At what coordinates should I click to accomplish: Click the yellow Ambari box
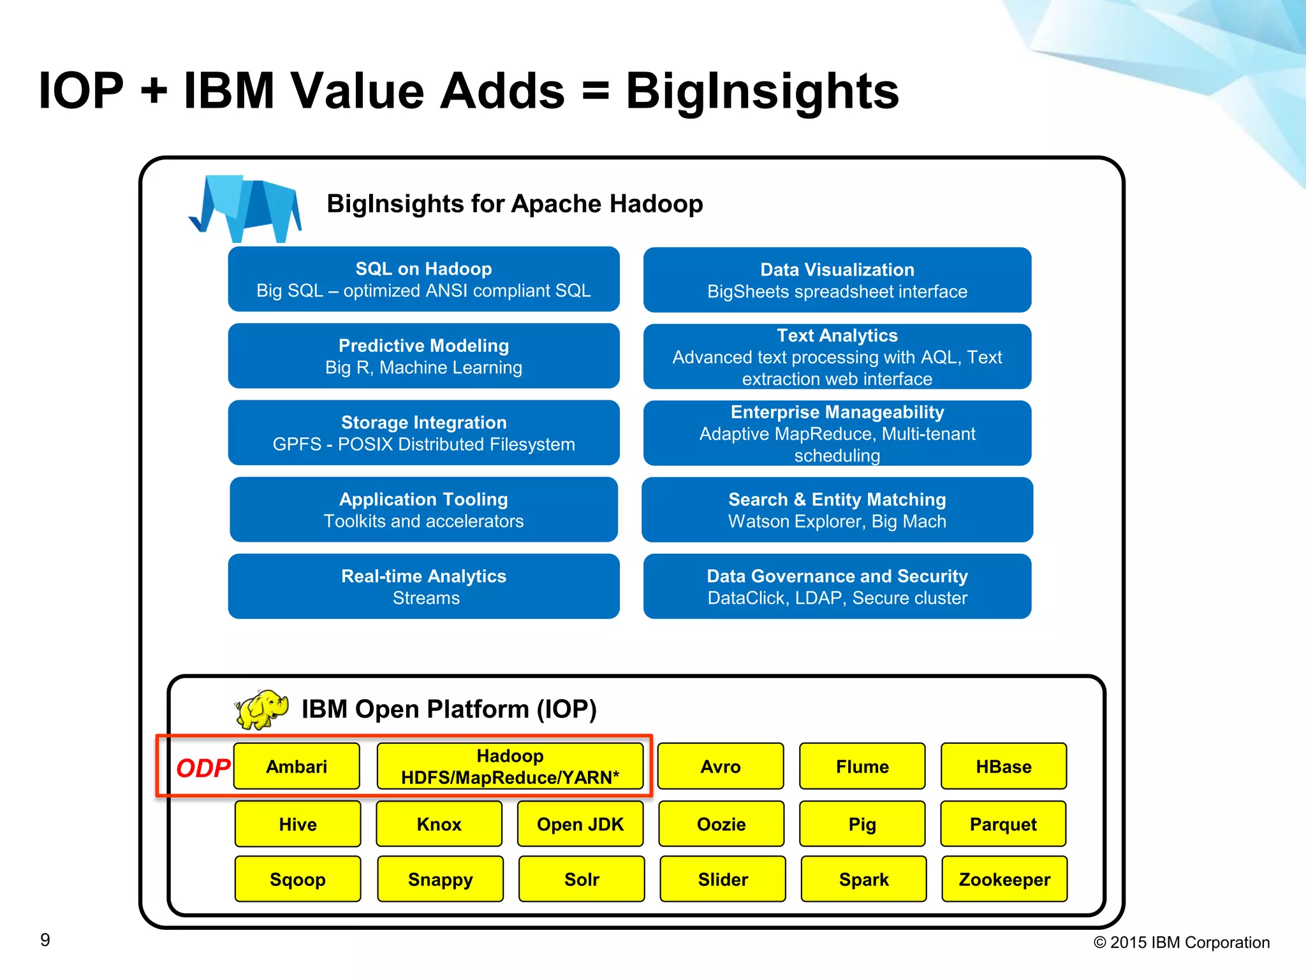297,766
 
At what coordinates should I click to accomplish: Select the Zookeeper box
1004,879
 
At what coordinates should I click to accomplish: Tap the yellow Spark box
863,879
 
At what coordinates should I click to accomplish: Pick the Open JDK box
580,824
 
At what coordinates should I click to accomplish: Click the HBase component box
1003,766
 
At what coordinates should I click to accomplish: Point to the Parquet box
1002,824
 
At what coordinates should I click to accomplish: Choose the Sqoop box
297,879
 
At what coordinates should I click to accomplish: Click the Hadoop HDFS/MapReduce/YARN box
510,766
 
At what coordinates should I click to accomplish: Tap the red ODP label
203,768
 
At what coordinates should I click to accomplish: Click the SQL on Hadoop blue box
423,279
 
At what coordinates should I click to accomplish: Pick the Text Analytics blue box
837,356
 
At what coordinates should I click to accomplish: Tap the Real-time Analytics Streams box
423,586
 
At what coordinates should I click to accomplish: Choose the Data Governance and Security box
837,586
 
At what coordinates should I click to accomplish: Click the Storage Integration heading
423,422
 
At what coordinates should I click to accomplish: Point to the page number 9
45,939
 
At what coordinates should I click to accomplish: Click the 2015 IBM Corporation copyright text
1181,942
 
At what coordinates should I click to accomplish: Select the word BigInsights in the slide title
761,91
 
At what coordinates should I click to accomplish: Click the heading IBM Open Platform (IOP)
449,709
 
